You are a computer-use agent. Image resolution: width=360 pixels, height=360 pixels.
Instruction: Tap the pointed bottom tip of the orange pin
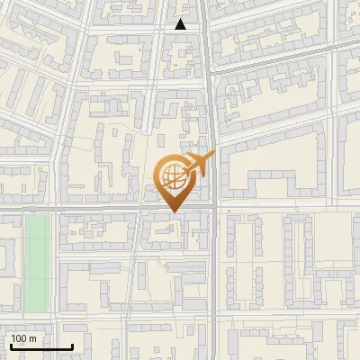174,212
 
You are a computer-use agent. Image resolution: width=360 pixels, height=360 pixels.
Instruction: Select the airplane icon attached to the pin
199,163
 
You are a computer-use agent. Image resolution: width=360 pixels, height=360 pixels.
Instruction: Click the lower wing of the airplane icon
200,171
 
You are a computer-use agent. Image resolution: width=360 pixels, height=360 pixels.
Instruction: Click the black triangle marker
181,25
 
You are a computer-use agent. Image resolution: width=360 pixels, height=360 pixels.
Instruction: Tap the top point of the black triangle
181,20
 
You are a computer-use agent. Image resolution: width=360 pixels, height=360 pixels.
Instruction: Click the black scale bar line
40,347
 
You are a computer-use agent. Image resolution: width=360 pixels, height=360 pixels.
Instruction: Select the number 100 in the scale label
21,338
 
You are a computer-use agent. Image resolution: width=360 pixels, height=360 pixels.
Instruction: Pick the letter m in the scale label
33,338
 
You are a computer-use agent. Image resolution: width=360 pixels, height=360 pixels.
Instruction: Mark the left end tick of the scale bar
10,346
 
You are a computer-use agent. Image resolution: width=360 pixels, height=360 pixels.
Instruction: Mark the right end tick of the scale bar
72,346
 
